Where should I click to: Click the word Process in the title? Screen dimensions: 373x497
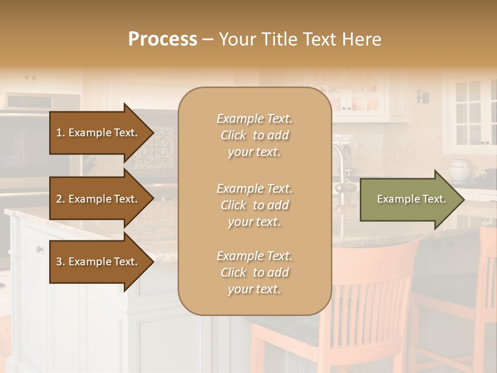coord(163,39)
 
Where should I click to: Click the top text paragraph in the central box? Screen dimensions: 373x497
coord(254,135)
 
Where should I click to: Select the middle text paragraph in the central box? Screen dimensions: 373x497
coord(254,205)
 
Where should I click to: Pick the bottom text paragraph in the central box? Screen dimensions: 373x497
coord(254,272)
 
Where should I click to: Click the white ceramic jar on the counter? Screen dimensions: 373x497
coord(459,169)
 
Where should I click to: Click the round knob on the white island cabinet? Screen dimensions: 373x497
coord(39,249)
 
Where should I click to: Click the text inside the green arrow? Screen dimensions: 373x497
coord(411,199)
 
